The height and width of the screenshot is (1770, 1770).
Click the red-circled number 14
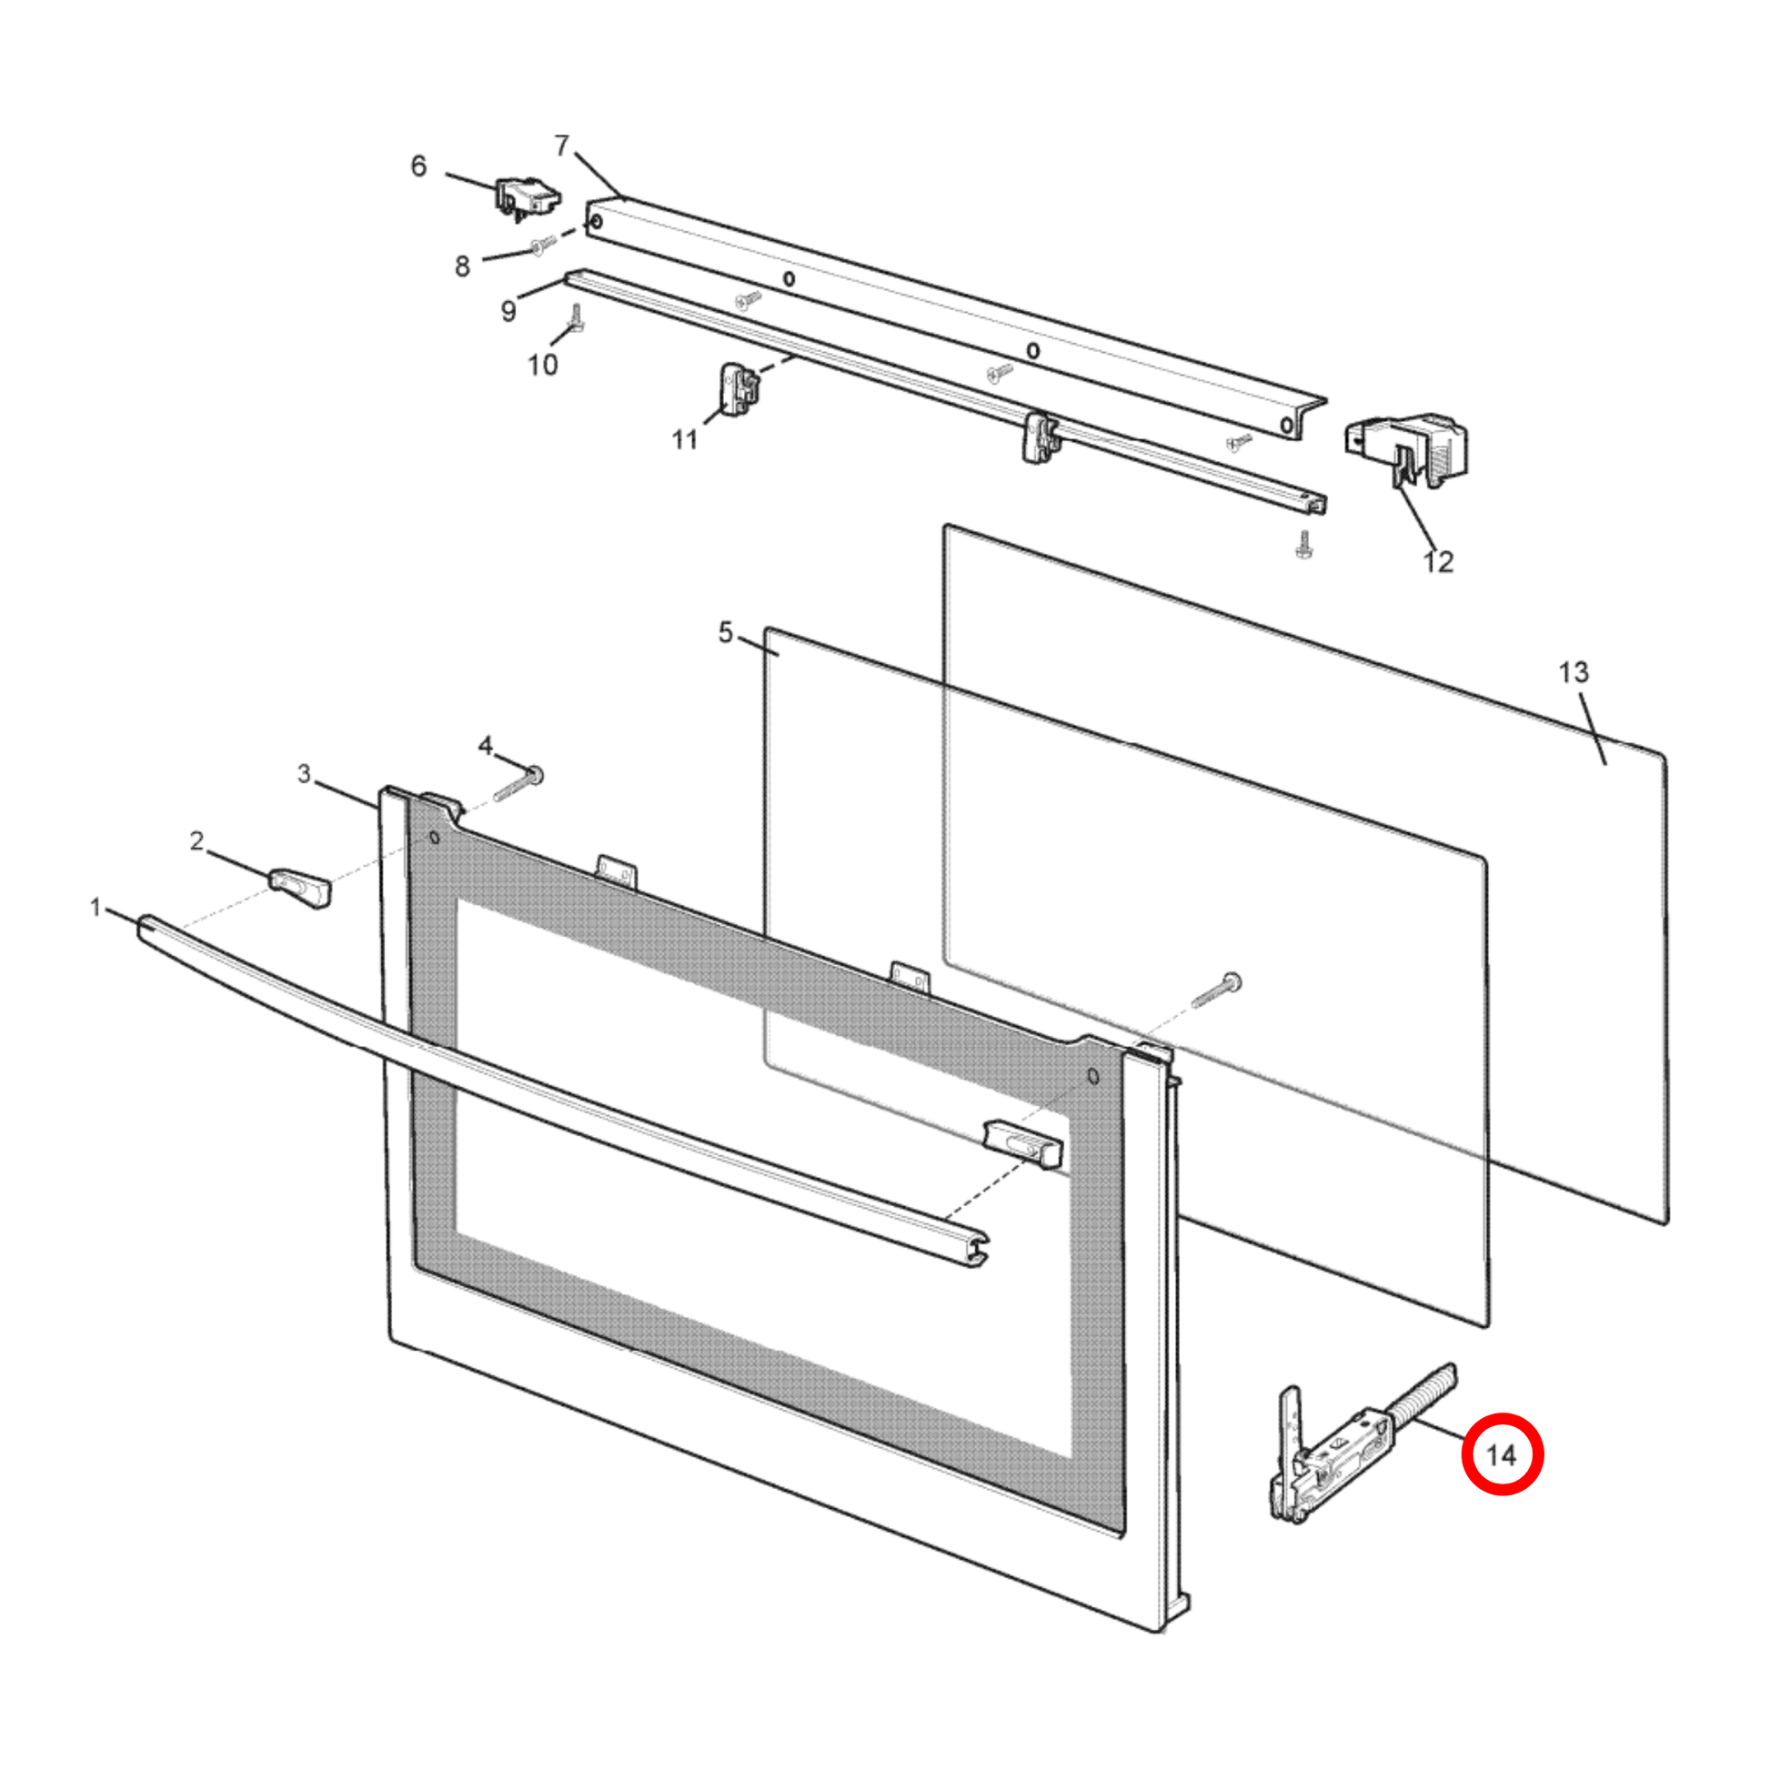(x=1501, y=1455)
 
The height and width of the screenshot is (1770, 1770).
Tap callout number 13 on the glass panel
(x=1573, y=672)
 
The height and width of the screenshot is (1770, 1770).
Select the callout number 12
(x=1437, y=561)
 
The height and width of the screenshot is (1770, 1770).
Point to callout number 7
(x=561, y=145)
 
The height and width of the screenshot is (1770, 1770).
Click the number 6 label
(x=418, y=166)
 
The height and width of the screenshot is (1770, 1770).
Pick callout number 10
(x=542, y=365)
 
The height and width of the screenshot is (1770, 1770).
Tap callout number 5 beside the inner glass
(x=726, y=632)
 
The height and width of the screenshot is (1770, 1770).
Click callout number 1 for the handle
(x=96, y=907)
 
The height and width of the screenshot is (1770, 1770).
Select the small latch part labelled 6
(x=528, y=200)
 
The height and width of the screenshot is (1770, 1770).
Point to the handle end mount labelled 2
(x=299, y=890)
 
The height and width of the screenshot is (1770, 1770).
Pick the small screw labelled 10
(x=578, y=318)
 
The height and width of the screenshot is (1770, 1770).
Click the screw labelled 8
(x=542, y=245)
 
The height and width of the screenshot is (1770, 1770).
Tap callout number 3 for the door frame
(x=304, y=774)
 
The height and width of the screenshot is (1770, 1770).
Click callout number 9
(x=508, y=311)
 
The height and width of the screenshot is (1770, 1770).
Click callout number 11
(x=684, y=439)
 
